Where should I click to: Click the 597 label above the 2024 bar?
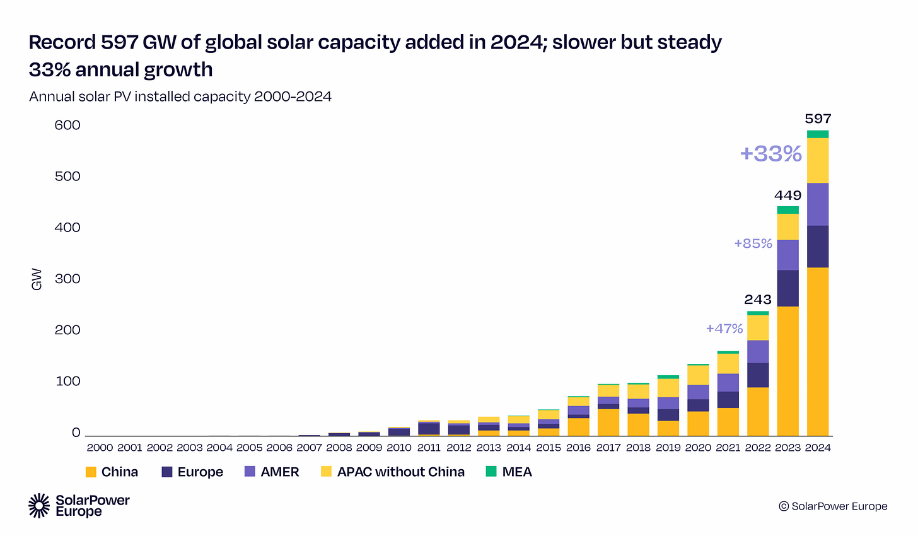click(818, 119)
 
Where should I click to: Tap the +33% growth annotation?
click(770, 153)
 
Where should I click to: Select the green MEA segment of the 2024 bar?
click(818, 134)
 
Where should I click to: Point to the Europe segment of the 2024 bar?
click(818, 247)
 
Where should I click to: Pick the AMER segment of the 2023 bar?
click(787, 255)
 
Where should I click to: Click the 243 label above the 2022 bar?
click(758, 300)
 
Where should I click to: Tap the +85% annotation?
click(753, 243)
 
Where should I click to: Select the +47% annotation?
click(724, 329)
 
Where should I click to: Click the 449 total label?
click(787, 195)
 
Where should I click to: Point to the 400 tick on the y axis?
click(67, 228)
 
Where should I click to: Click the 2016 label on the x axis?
click(578, 448)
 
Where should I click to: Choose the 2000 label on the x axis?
click(100, 448)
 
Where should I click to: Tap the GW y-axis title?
click(37, 279)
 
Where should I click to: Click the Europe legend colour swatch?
click(167, 472)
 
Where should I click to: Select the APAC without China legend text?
click(400, 472)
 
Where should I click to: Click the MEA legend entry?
click(517, 472)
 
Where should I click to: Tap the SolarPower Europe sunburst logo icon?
click(40, 506)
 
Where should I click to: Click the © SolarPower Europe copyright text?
click(833, 506)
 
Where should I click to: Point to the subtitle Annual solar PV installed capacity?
click(180, 96)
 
